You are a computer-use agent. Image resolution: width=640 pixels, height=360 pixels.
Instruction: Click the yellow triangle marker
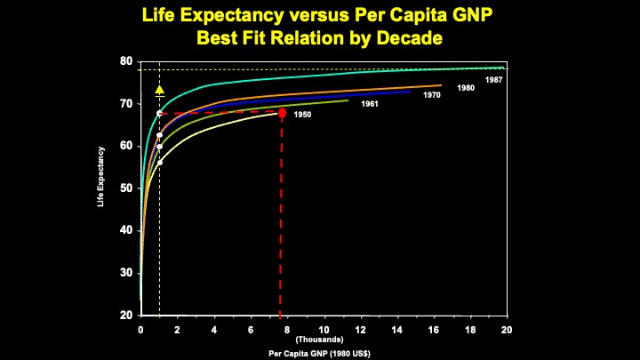[x=159, y=90]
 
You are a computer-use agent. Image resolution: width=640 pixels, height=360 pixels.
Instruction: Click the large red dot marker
[x=282, y=113]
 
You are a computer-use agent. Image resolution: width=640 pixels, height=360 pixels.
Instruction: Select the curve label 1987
[x=494, y=81]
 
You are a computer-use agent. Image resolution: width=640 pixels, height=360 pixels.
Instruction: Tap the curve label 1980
[x=466, y=88]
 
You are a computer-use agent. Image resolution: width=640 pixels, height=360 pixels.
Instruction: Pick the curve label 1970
[x=432, y=95]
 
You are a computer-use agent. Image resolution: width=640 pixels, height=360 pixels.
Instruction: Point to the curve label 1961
[x=370, y=105]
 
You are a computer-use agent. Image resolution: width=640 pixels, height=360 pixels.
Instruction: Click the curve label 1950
[x=302, y=116]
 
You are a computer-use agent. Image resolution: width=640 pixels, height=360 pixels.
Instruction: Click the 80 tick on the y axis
[x=127, y=61]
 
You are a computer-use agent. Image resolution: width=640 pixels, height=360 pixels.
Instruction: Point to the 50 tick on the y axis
[x=127, y=188]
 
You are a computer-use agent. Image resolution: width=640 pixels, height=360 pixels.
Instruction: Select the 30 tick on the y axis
[x=127, y=273]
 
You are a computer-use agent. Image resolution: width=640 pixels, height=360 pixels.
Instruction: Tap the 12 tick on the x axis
[x=360, y=330]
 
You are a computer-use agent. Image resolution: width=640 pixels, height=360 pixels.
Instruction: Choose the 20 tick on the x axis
[x=507, y=330]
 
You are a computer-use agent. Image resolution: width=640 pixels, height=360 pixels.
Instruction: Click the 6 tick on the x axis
[x=251, y=330]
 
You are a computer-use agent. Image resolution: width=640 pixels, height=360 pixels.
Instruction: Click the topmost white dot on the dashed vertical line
[x=159, y=113]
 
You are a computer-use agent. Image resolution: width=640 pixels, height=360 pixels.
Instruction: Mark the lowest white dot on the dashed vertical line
[x=159, y=163]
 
